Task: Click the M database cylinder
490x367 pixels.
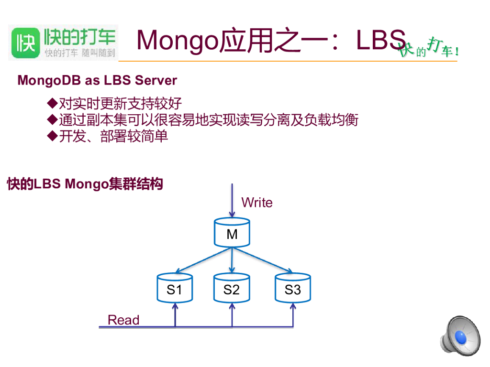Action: coord(232,233)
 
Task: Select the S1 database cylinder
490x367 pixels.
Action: coord(175,289)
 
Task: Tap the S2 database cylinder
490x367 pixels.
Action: coord(232,289)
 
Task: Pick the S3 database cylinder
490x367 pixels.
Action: coord(293,289)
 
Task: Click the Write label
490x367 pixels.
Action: coord(257,203)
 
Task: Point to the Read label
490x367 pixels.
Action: coord(123,320)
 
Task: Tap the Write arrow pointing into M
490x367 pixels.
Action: coord(232,201)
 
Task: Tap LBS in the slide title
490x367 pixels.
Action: coord(381,41)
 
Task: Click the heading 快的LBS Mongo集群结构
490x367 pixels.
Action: coord(85,184)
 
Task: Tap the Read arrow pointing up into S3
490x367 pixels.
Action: coord(293,315)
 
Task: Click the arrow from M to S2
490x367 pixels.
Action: coord(232,260)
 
